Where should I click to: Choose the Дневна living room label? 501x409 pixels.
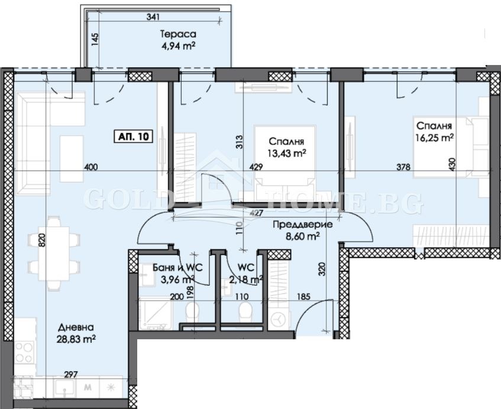(75, 327)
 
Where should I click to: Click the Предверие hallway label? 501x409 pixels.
(302, 225)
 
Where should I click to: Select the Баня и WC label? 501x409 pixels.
(172, 267)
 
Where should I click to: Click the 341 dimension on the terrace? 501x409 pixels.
(153, 17)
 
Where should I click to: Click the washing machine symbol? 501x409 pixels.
(278, 320)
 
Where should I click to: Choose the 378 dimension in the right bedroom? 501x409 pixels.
(403, 167)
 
